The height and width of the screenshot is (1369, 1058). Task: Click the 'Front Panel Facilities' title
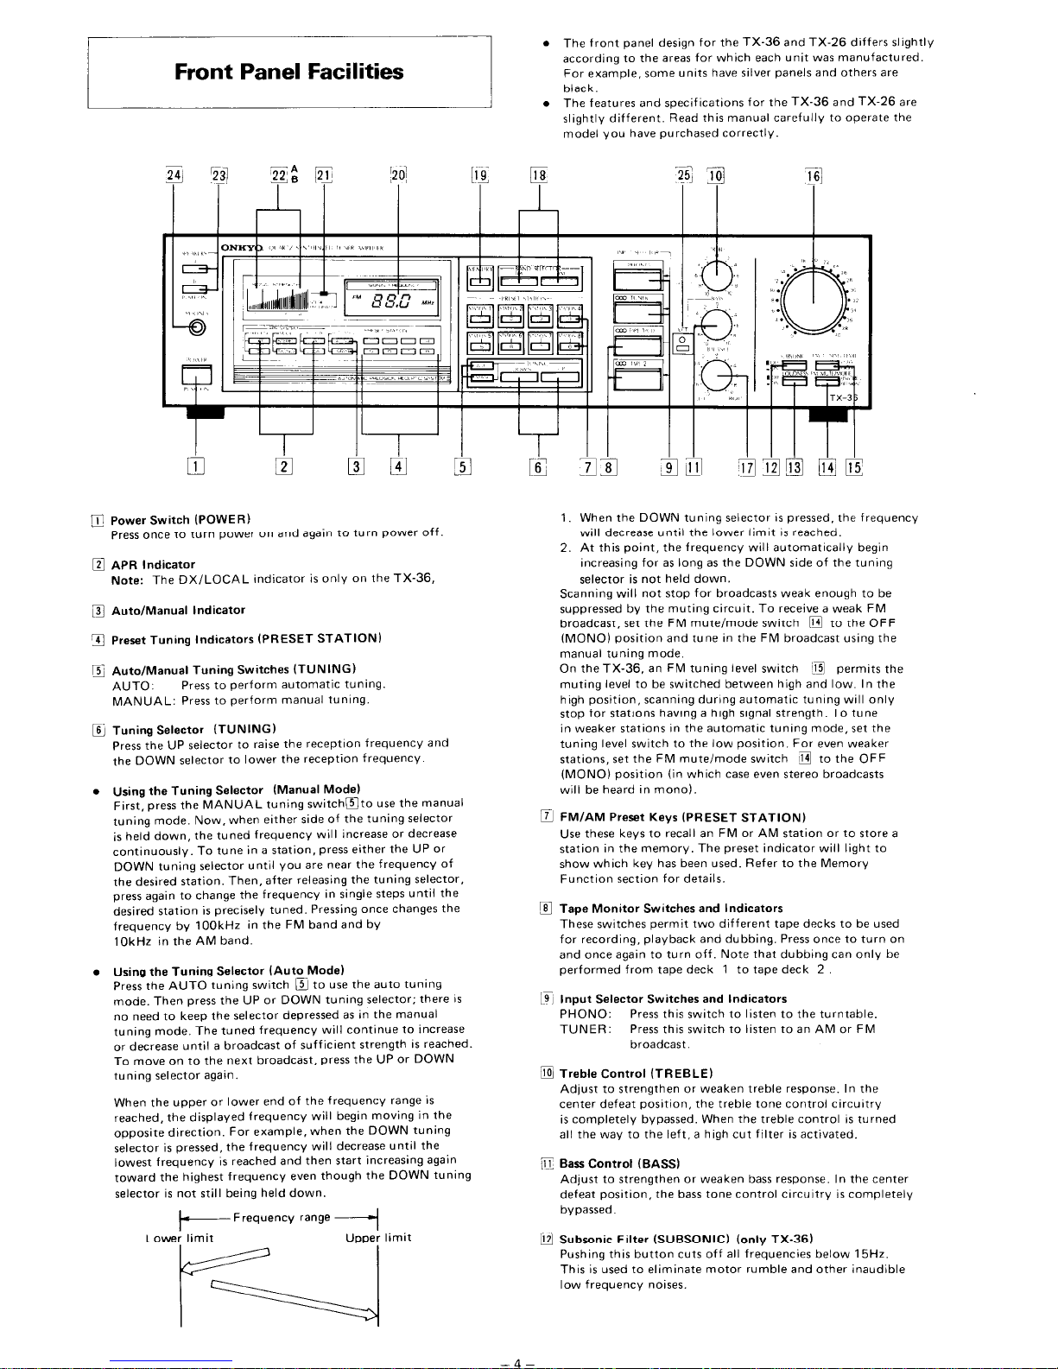tap(288, 71)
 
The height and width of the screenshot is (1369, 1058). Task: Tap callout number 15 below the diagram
tap(853, 468)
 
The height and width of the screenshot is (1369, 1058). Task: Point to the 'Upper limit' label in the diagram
tap(378, 1238)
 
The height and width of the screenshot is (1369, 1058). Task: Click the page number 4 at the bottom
tap(517, 1362)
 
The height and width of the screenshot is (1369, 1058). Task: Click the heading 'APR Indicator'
tap(153, 564)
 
